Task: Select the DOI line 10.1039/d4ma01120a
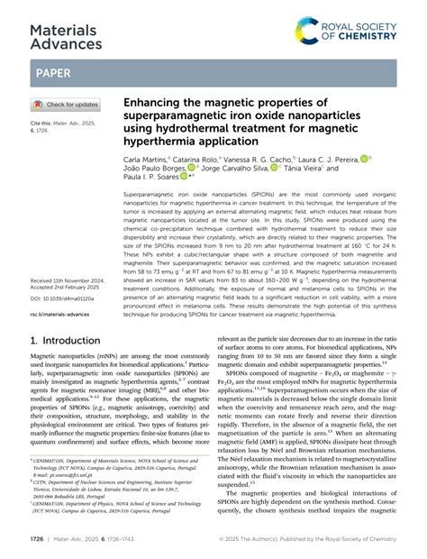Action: pos(68,271)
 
